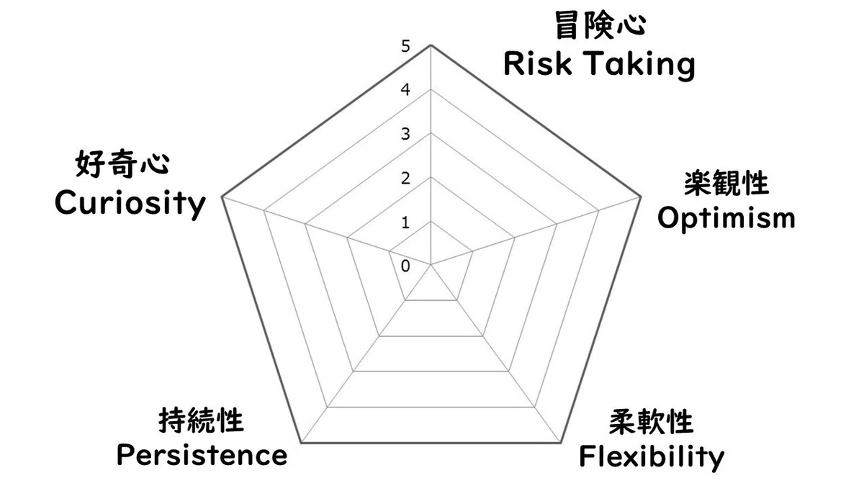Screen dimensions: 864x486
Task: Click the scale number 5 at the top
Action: [405, 46]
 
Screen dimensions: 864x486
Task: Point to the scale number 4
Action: [405, 90]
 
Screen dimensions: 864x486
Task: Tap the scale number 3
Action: [405, 134]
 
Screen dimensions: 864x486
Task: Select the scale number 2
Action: [405, 179]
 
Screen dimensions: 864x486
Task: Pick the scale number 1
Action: [405, 222]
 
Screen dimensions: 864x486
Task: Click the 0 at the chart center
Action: [405, 266]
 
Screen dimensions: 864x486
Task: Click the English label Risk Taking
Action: [599, 66]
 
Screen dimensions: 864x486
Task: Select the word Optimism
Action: [726, 219]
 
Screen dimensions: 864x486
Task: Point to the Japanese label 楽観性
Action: [726, 183]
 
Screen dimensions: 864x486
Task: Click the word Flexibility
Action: [652, 457]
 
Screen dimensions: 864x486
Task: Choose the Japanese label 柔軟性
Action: [652, 422]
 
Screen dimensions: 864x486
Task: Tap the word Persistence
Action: [202, 456]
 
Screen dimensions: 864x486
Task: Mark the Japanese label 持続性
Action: [201, 420]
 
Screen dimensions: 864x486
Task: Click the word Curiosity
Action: [130, 204]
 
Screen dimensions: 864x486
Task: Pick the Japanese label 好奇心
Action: [122, 164]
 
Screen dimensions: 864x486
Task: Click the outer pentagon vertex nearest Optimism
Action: [641, 197]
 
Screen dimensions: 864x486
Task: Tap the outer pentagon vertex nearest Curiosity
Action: [222, 197]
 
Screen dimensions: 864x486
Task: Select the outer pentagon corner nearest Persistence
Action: [301, 444]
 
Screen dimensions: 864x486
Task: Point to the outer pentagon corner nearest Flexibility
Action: [561, 444]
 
